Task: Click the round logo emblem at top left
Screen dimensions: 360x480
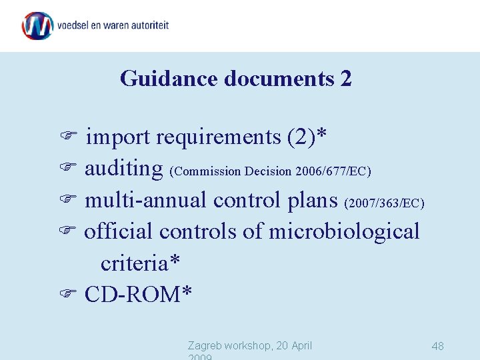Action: (x=37, y=26)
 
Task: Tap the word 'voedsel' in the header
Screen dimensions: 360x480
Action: (x=74, y=25)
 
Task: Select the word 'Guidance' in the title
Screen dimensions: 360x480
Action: (x=169, y=79)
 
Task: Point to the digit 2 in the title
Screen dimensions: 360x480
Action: (x=345, y=79)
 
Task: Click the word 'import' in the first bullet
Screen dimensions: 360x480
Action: (x=118, y=137)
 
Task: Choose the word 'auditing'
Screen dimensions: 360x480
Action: (x=124, y=169)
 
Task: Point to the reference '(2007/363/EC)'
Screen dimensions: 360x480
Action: (x=385, y=202)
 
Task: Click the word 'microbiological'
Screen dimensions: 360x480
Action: (x=344, y=231)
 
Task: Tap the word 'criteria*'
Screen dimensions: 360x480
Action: (x=140, y=263)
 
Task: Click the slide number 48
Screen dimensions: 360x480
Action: (x=438, y=346)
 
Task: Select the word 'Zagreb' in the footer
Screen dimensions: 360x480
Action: (x=206, y=345)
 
